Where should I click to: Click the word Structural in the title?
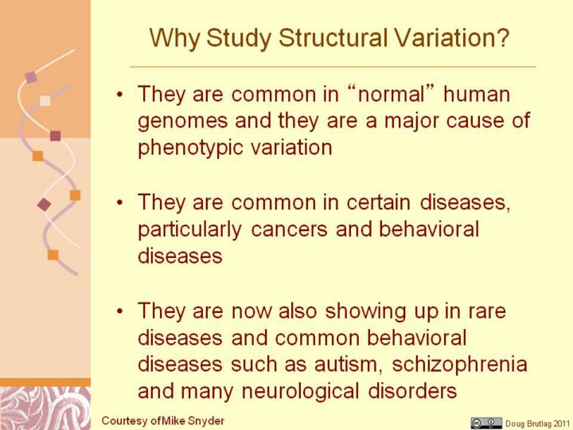click(x=333, y=37)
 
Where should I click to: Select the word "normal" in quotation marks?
click(x=391, y=94)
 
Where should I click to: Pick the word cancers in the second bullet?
click(x=289, y=229)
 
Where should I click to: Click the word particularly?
click(x=189, y=230)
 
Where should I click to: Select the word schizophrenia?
click(x=459, y=365)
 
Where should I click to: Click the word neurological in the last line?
click(x=300, y=392)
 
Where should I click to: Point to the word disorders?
click(x=412, y=390)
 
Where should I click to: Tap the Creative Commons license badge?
click(x=486, y=423)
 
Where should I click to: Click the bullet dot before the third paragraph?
click(x=120, y=311)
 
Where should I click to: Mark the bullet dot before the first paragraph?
click(x=120, y=94)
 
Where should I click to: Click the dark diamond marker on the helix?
click(x=44, y=205)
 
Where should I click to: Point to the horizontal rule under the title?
click(x=333, y=67)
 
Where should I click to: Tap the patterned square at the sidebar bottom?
click(x=45, y=408)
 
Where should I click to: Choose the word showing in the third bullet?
click(x=365, y=311)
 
